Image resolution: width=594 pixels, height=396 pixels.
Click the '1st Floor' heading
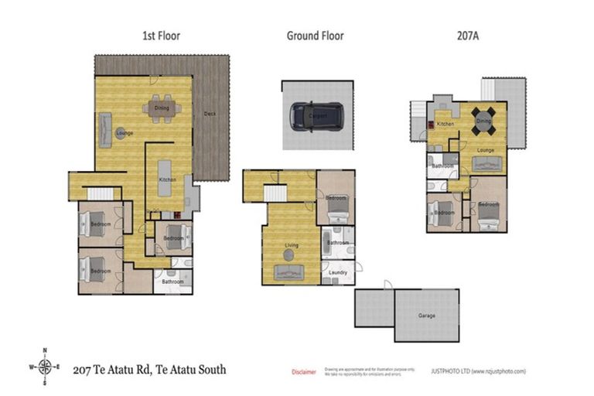click(x=161, y=36)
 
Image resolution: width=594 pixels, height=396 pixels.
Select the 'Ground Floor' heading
click(x=315, y=36)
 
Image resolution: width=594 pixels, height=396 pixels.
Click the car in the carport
click(x=316, y=115)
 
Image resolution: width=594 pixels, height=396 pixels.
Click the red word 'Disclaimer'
click(x=303, y=372)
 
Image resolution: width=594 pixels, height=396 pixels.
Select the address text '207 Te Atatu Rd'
click(x=113, y=370)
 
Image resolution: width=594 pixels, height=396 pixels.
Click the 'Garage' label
click(x=426, y=316)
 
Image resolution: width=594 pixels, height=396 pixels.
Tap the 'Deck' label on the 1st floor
click(x=210, y=114)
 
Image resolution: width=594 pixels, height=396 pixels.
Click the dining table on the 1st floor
click(x=162, y=108)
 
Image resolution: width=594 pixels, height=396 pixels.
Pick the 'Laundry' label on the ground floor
click(x=337, y=273)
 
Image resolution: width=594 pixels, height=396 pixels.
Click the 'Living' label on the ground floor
click(x=292, y=246)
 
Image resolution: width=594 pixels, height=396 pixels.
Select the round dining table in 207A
click(x=483, y=121)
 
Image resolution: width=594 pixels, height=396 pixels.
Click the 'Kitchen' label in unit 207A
click(x=445, y=124)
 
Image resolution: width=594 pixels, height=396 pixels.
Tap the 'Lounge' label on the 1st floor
click(x=125, y=133)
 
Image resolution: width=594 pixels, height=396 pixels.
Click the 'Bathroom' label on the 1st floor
click(x=172, y=282)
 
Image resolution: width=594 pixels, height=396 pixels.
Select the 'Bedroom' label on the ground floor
click(x=336, y=198)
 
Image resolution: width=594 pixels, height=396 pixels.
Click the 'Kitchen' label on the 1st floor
click(x=168, y=179)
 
